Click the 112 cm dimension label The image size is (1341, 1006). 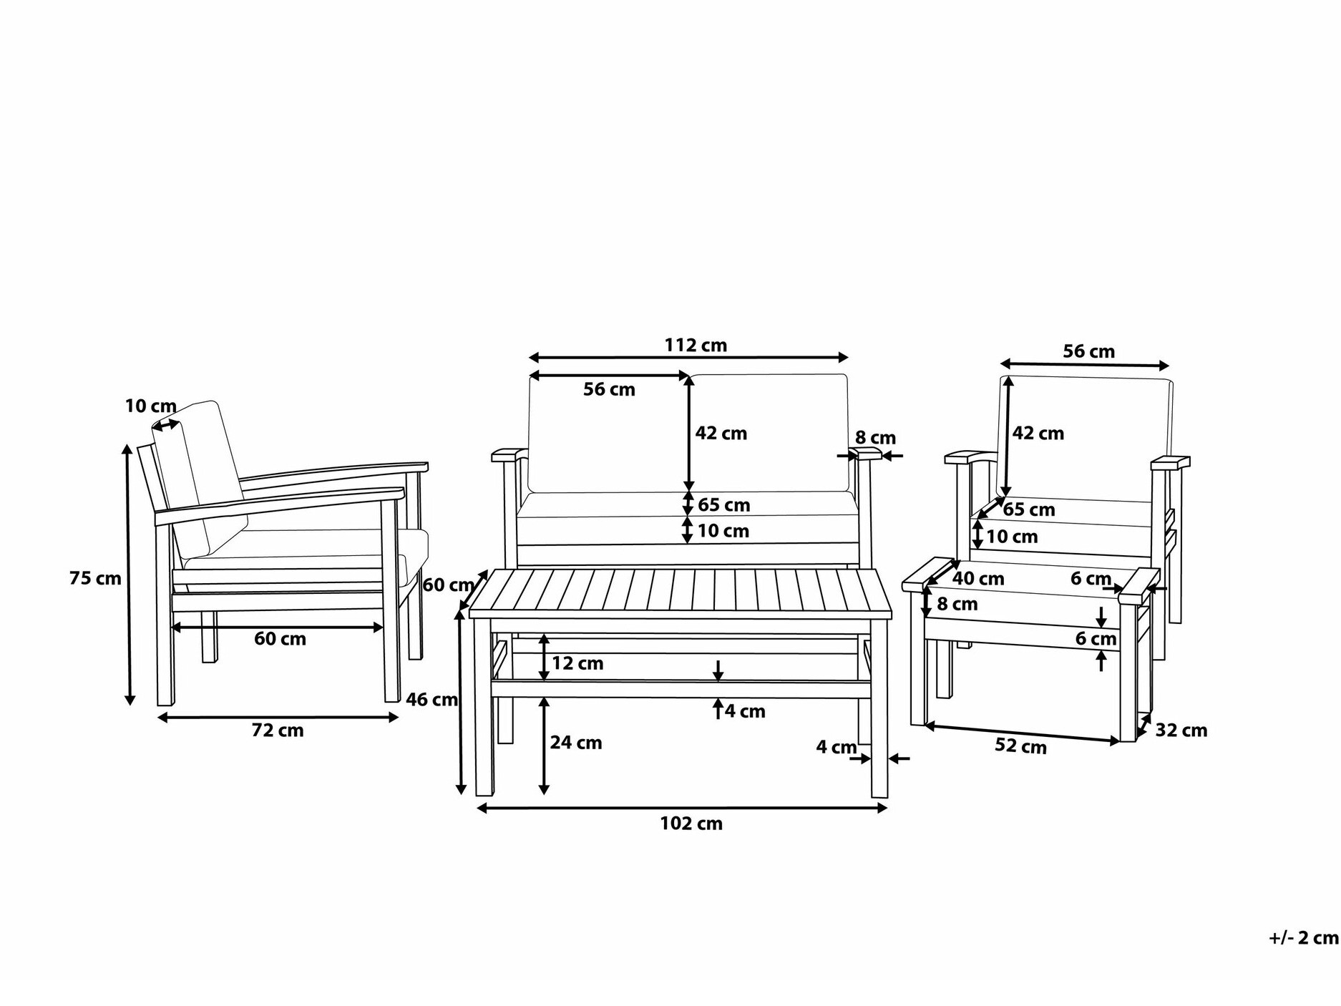695,346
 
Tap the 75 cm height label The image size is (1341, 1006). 95,578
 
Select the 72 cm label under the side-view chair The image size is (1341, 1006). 278,731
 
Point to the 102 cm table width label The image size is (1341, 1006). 691,824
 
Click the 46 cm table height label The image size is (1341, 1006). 431,700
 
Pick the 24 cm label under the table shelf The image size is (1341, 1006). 575,743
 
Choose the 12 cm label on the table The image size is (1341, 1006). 577,663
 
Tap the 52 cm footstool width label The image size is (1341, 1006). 1020,746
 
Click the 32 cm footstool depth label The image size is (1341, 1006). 1181,731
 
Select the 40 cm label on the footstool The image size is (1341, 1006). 978,578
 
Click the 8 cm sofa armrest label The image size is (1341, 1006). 875,438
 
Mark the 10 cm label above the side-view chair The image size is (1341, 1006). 150,406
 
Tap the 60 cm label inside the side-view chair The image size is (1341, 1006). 280,638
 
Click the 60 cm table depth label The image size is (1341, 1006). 448,585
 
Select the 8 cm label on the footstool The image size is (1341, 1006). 957,604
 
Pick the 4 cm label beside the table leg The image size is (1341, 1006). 837,747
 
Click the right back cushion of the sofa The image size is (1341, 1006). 769,434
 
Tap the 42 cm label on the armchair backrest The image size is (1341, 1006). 1038,433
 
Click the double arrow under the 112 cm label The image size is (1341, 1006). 688,357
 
